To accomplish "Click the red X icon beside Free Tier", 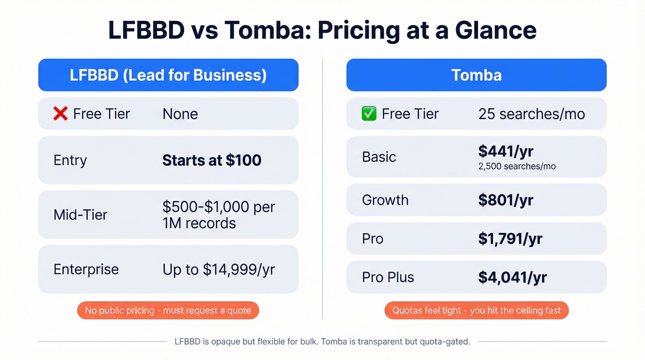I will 60,114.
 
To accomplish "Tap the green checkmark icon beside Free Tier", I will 369,114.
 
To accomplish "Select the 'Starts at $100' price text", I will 211,160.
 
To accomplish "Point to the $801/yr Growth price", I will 505,200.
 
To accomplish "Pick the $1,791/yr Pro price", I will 510,239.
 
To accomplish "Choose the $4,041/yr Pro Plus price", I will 512,277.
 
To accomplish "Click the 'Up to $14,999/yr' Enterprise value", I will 218,270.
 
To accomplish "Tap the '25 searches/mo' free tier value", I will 531,114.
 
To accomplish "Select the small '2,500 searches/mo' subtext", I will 517,166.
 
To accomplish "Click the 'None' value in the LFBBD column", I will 180,114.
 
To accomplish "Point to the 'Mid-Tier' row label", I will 80,215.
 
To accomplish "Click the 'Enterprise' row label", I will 86,270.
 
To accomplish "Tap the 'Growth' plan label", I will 385,200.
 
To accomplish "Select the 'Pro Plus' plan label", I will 388,277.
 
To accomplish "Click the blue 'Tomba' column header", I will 476,75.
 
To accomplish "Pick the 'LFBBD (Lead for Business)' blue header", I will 168,75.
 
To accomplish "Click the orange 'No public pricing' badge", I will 168,311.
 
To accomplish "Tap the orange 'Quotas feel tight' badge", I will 476,311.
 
